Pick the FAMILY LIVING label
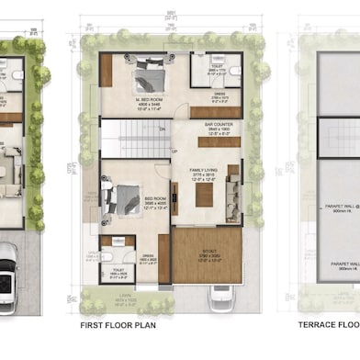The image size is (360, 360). [202, 172]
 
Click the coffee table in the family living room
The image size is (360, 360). [204, 196]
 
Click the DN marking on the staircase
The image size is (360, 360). [162, 129]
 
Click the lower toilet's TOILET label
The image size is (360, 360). [119, 272]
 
